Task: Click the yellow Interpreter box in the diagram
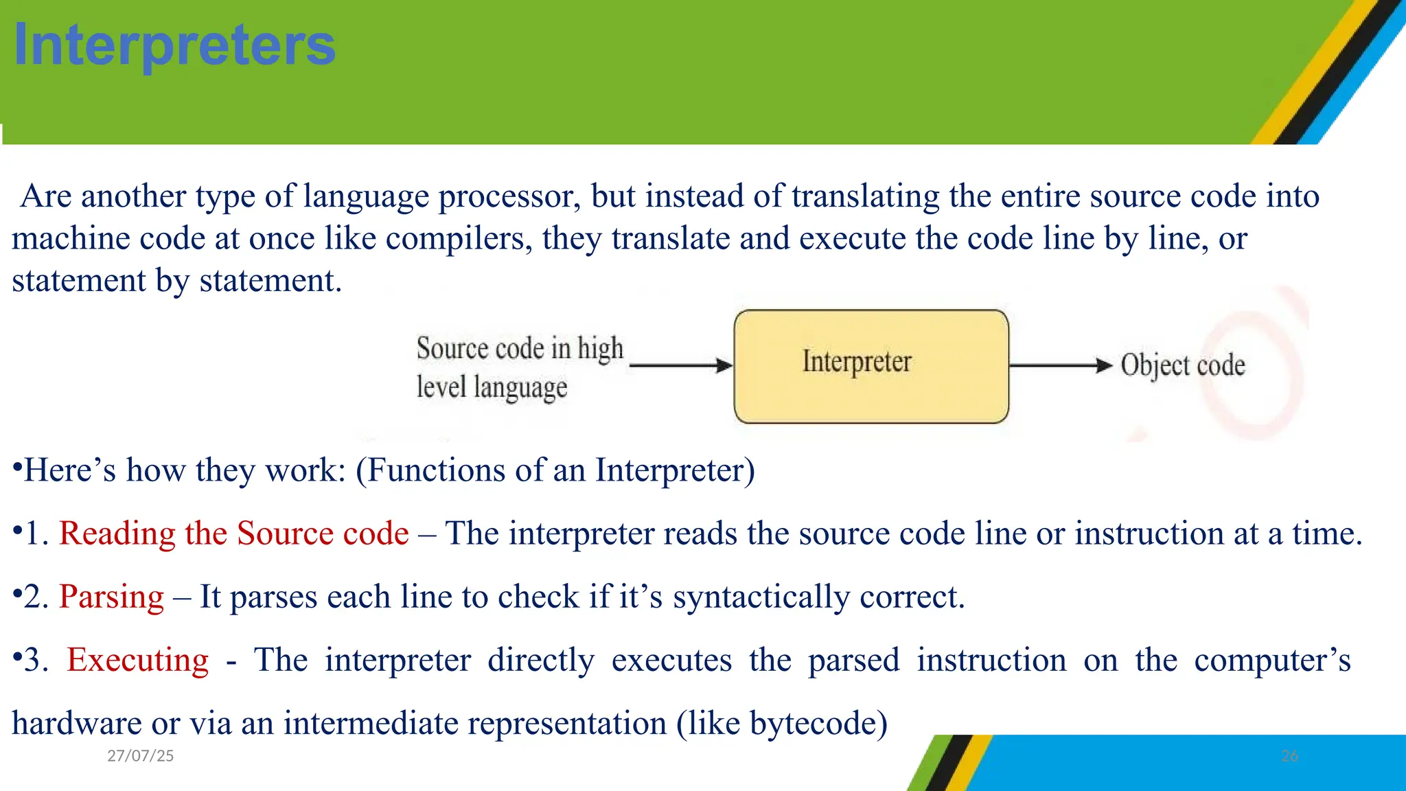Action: tap(871, 366)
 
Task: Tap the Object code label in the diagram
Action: tap(1182, 365)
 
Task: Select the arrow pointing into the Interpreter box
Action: tap(680, 365)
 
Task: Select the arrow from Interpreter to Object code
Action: tap(1060, 365)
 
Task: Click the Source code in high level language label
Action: tap(519, 367)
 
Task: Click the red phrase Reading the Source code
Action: tap(233, 534)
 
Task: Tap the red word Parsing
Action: tap(111, 597)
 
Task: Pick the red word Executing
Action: tap(137, 660)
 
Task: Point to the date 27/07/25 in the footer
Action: tap(140, 756)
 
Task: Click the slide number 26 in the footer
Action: tap(1289, 756)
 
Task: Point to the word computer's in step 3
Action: tap(1272, 660)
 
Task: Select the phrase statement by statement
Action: tap(176, 281)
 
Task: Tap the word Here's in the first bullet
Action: tap(70, 470)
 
